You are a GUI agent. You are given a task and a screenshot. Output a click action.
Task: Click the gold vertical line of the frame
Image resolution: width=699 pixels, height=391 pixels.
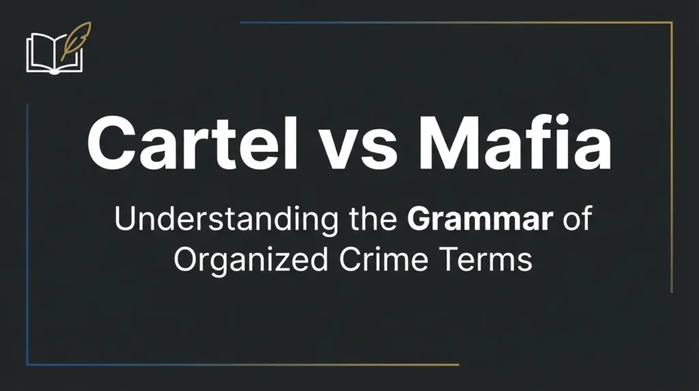tap(672, 157)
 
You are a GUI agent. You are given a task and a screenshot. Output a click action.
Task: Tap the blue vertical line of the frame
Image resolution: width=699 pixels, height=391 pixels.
tap(27, 232)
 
